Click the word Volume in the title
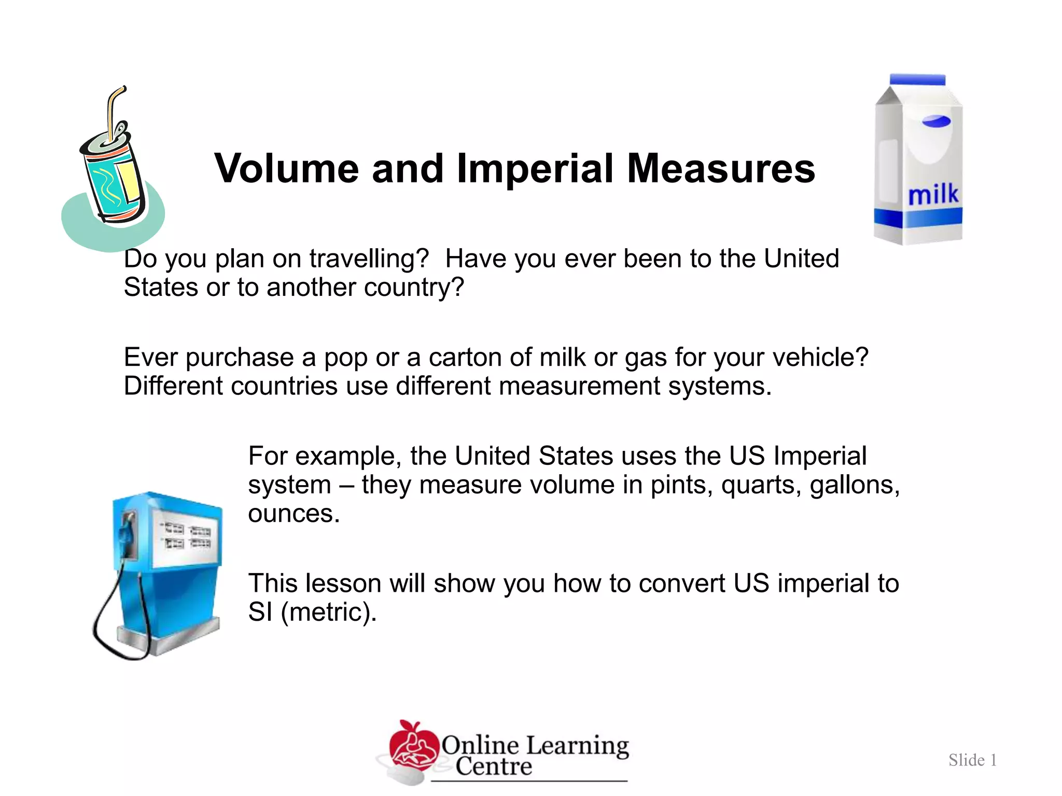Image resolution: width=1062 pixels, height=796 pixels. tap(286, 169)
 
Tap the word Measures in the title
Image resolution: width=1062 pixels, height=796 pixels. tap(721, 169)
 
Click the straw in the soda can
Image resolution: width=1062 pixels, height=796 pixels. tap(113, 111)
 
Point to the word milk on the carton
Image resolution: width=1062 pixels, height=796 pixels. tap(933, 195)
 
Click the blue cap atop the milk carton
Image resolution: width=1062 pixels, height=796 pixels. tap(917, 80)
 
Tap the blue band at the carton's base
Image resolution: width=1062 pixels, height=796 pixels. tap(918, 217)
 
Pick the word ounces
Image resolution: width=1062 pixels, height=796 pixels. tap(293, 514)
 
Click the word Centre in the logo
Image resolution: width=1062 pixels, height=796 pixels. tap(494, 766)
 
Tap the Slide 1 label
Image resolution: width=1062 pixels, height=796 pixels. tap(972, 760)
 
